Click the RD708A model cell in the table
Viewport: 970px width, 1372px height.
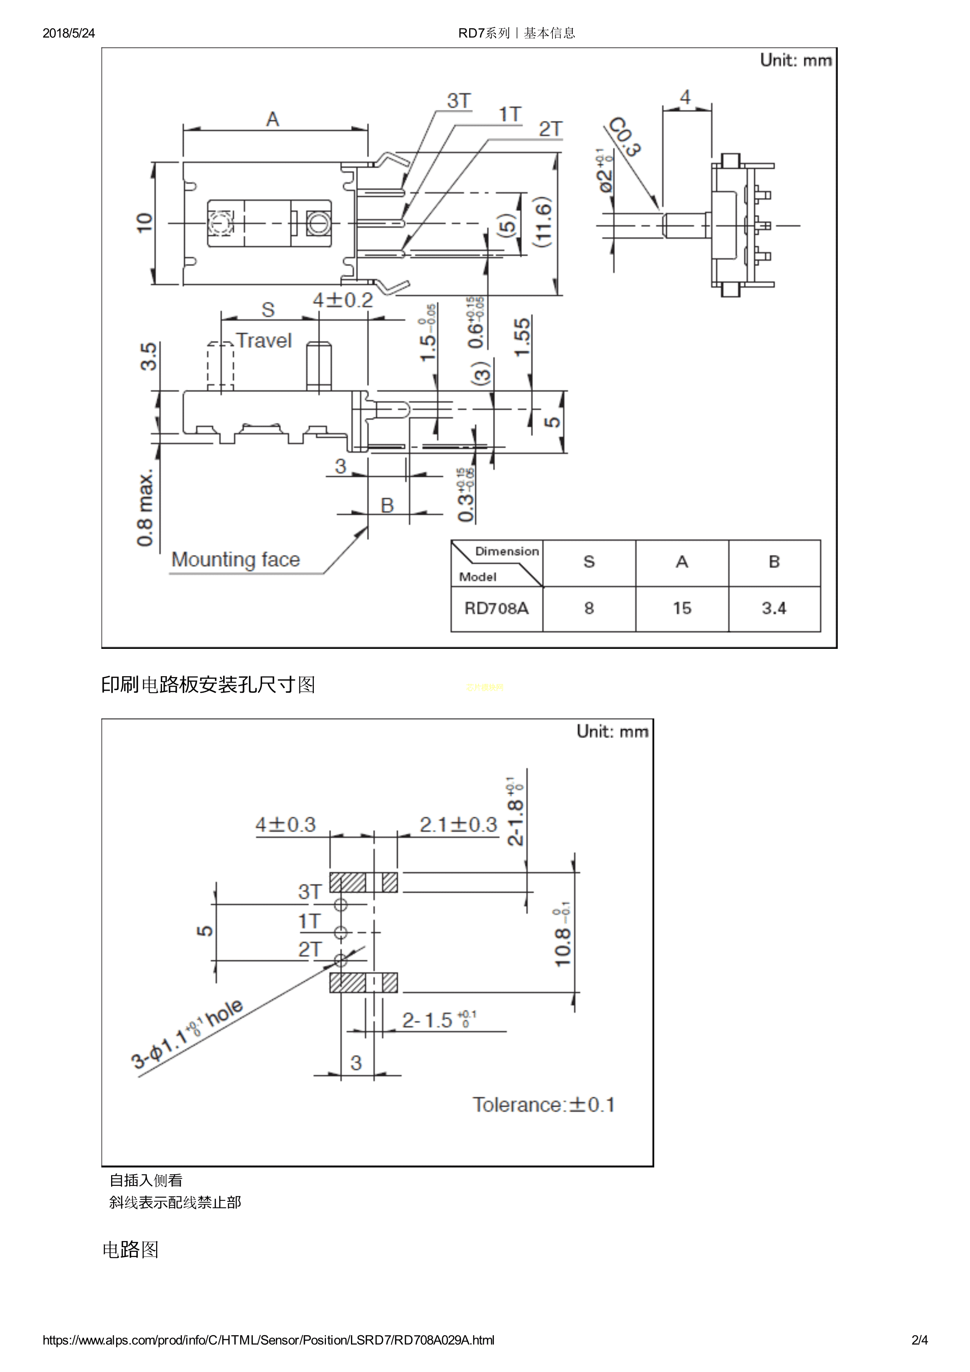(496, 608)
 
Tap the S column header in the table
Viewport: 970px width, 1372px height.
(589, 562)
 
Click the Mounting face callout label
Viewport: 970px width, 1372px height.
(236, 560)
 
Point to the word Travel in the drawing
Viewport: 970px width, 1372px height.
(264, 341)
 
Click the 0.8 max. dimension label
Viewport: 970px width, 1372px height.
(145, 508)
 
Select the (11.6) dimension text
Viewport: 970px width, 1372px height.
(543, 222)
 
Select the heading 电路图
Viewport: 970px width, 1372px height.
(130, 1249)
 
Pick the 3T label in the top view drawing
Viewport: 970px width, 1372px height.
(459, 101)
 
